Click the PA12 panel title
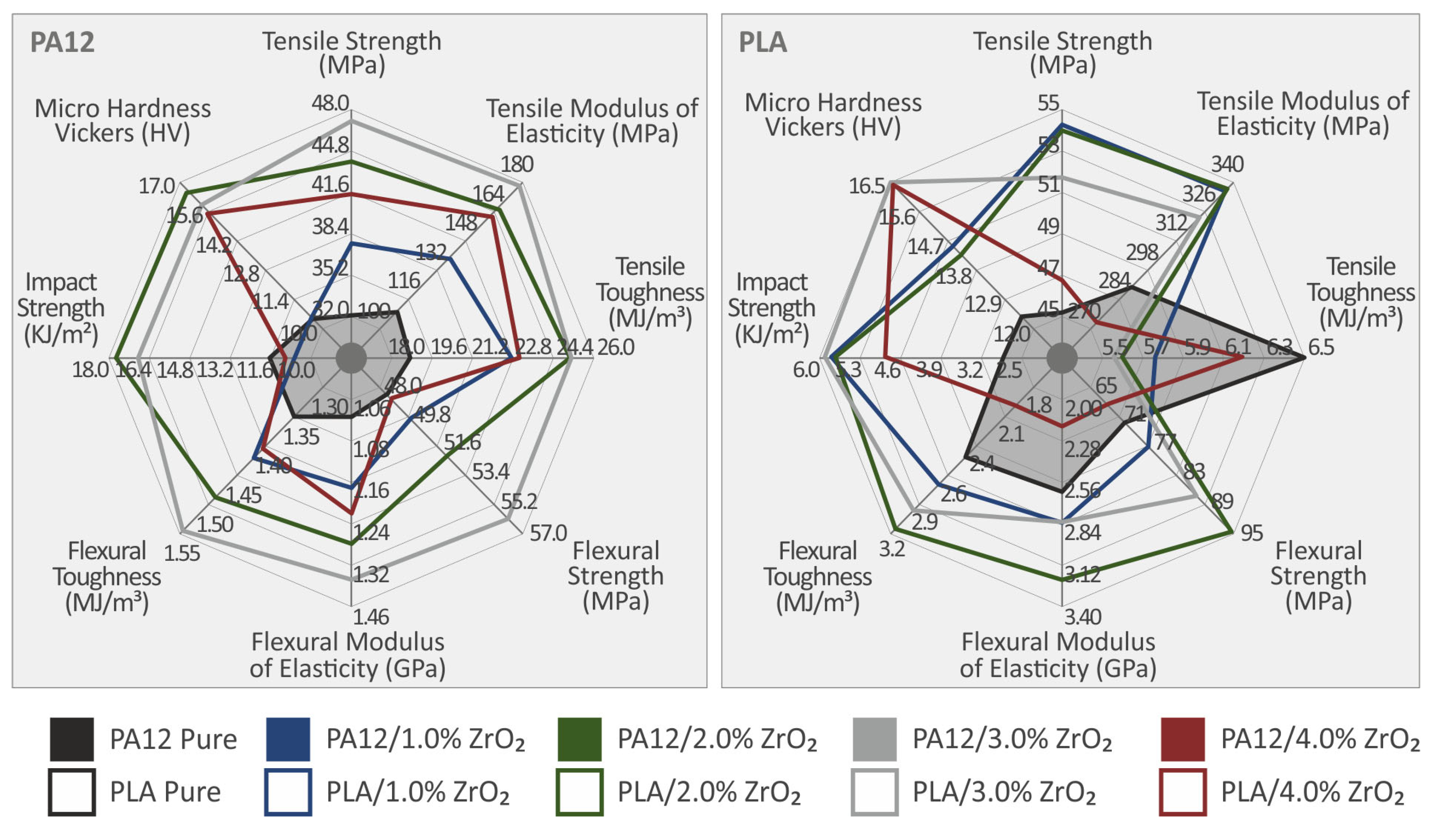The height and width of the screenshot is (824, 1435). [62, 42]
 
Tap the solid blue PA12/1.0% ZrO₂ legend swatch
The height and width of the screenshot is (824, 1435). [288, 739]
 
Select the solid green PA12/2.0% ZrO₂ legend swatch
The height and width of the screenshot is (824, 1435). [579, 739]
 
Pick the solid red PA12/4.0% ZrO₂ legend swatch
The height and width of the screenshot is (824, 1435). [1182, 739]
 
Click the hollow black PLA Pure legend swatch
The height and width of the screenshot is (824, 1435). [71, 792]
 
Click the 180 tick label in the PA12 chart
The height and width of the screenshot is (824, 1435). [516, 164]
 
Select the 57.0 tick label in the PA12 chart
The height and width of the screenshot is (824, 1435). [548, 533]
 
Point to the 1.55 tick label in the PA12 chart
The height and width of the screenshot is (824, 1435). [182, 553]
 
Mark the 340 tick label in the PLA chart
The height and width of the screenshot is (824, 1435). [1227, 164]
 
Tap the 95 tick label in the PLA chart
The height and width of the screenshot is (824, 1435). [1252, 533]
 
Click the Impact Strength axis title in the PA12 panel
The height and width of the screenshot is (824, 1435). [61, 308]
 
